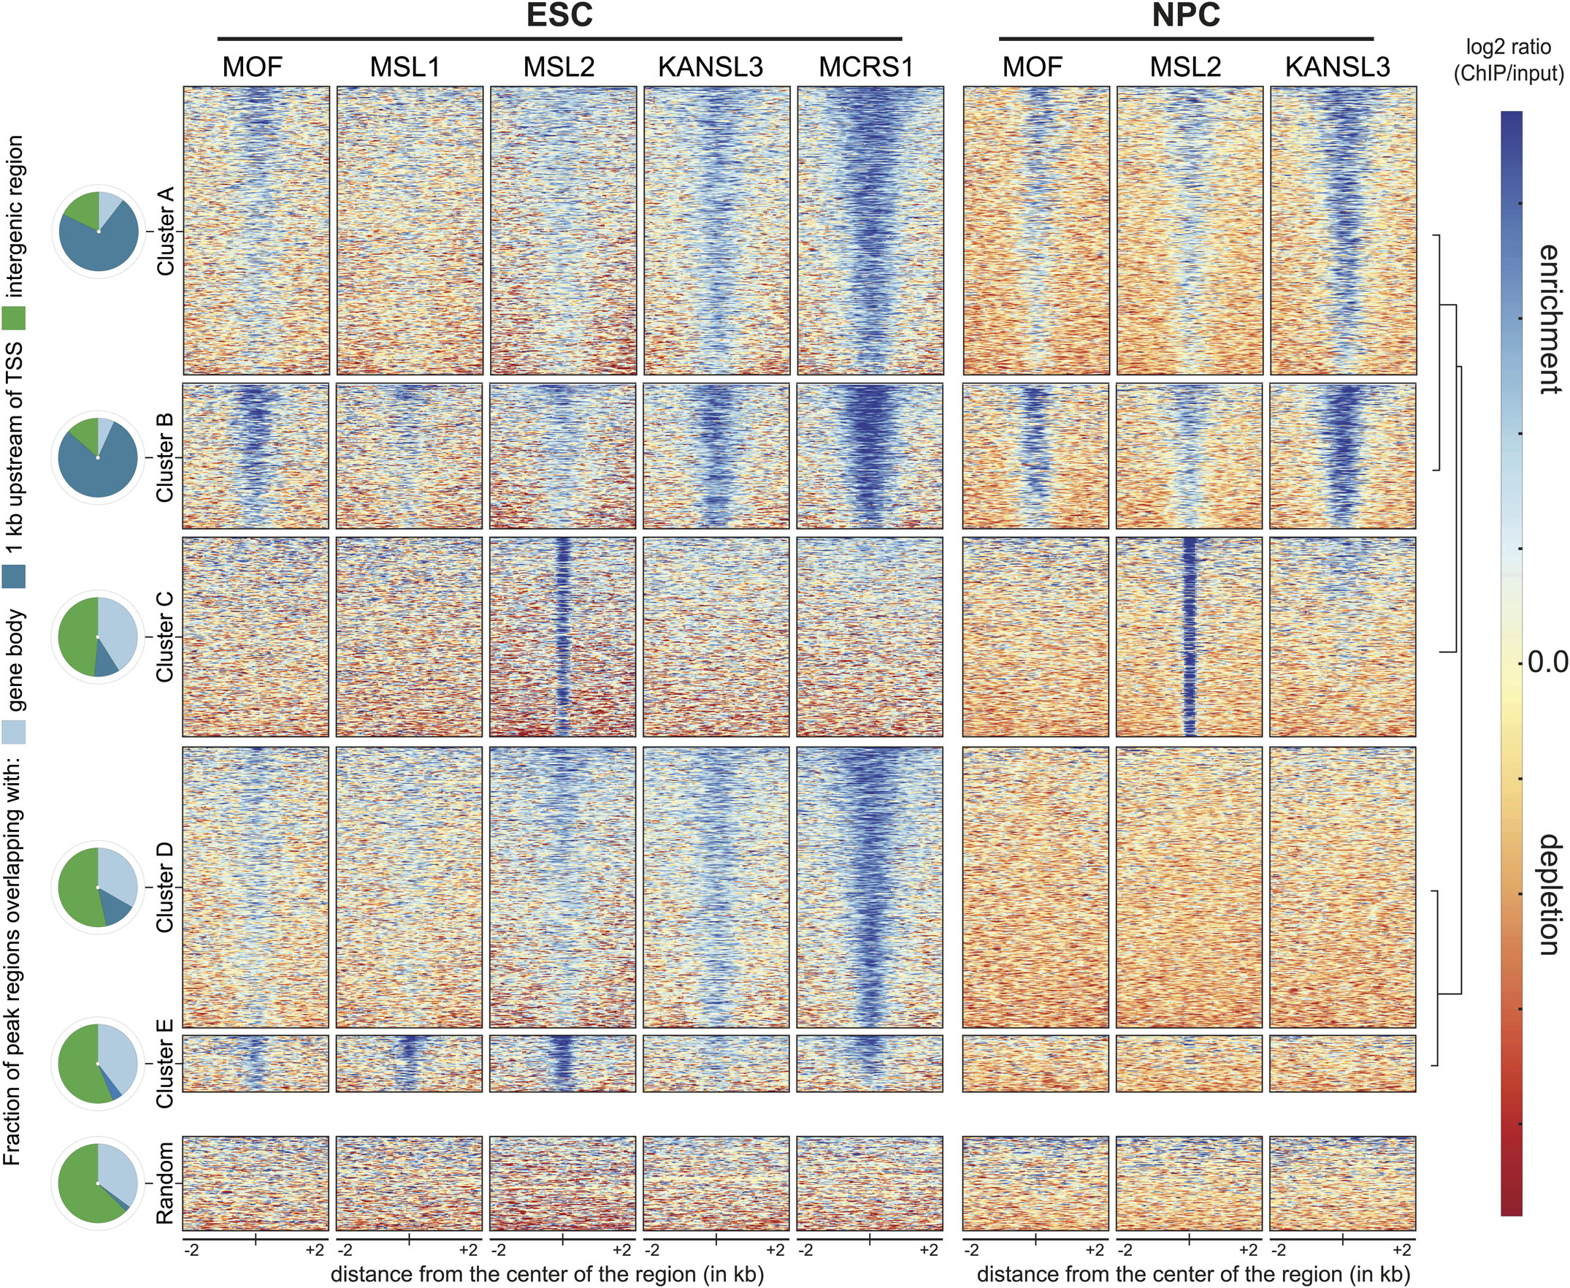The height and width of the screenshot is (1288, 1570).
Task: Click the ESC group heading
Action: point(559,16)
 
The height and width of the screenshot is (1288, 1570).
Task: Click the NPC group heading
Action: point(1185,16)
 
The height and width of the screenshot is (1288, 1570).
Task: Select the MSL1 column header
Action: point(405,67)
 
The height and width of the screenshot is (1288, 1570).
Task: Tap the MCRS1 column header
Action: point(865,67)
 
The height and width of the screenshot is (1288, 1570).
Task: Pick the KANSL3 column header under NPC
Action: point(1337,67)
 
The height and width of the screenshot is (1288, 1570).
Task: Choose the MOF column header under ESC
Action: point(252,67)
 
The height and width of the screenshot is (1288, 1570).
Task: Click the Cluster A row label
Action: point(164,231)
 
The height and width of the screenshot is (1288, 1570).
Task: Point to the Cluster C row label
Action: point(164,636)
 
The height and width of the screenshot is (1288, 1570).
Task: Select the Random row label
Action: point(164,1184)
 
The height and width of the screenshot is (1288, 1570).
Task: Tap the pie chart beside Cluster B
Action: point(98,458)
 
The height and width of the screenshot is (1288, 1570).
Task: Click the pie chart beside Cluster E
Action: point(98,1064)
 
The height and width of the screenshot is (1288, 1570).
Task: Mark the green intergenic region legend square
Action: point(14,319)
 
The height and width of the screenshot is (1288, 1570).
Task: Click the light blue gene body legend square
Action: point(14,731)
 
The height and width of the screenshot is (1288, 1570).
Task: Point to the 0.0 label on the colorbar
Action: point(1548,662)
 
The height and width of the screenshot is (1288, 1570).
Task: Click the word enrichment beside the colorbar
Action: point(1550,319)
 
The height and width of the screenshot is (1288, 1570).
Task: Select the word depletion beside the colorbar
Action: point(1550,894)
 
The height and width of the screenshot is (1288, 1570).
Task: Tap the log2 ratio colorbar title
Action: point(1509,60)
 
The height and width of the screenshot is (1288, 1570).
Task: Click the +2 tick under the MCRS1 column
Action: point(929,1250)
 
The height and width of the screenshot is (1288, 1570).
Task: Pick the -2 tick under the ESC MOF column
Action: point(191,1250)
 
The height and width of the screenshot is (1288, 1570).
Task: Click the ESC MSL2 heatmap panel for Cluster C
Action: point(563,636)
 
